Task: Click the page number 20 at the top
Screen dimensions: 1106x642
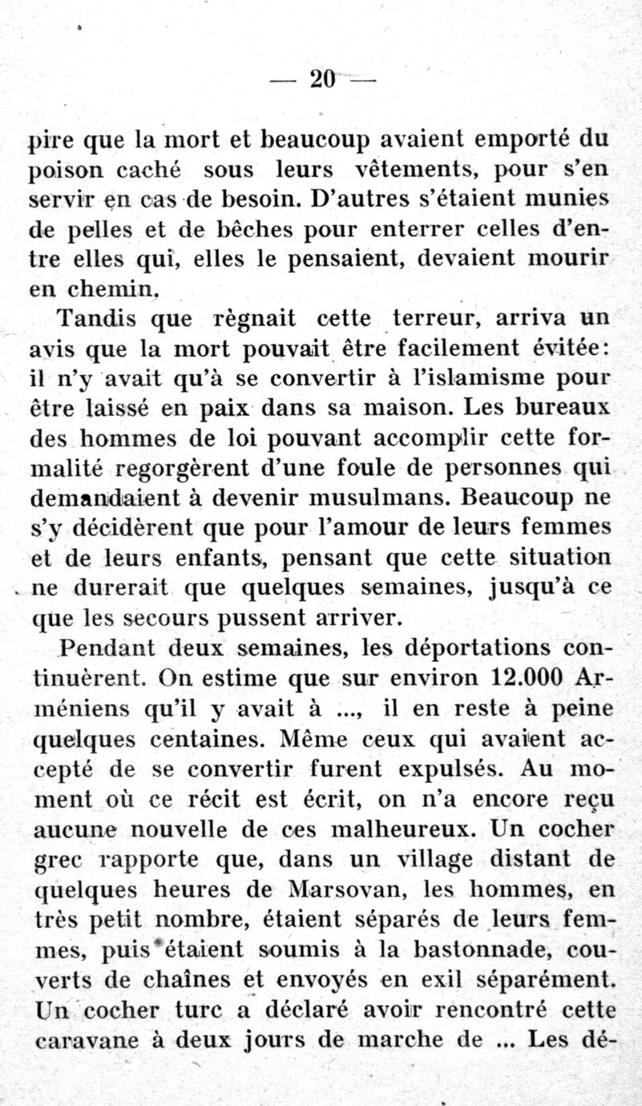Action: pos(321,79)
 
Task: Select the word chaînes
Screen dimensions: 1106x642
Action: pos(193,979)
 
